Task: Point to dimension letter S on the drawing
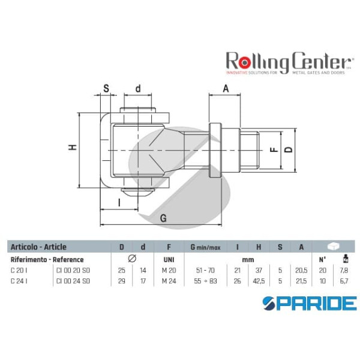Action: tap(106, 89)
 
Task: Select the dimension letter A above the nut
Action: tap(226, 88)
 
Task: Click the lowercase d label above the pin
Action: tap(138, 89)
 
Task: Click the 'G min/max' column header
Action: tap(203, 247)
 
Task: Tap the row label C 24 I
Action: tap(19, 280)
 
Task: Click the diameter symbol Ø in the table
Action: tap(132, 259)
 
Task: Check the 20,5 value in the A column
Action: tap(301, 271)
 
